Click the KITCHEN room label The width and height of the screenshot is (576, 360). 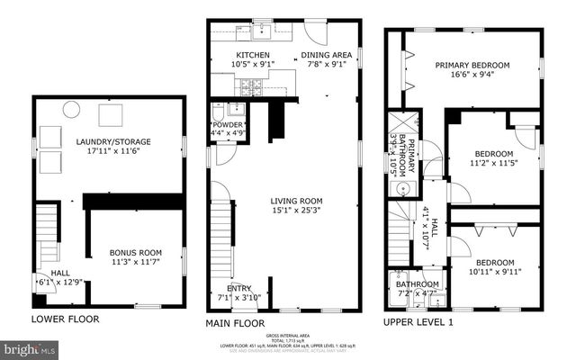pos(229,54)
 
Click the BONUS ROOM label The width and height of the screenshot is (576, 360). pos(134,253)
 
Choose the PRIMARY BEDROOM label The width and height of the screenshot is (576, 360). pos(472,65)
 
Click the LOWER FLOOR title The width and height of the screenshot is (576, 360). pos(65,319)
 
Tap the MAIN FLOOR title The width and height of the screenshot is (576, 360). pos(235,322)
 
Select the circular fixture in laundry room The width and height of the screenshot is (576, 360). pos(69,111)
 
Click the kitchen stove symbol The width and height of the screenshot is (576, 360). pos(246,86)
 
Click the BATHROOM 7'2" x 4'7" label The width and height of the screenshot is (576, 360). pos(417,289)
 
